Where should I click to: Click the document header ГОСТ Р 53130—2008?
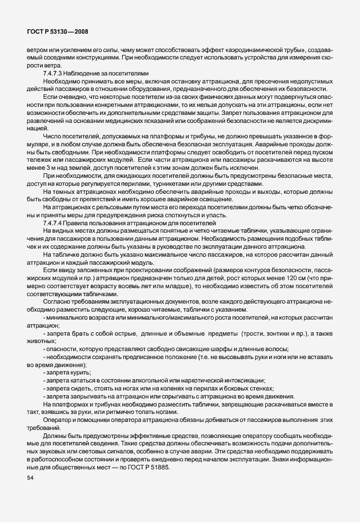coord(57,31)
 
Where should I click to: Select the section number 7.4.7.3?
coord(55,74)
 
